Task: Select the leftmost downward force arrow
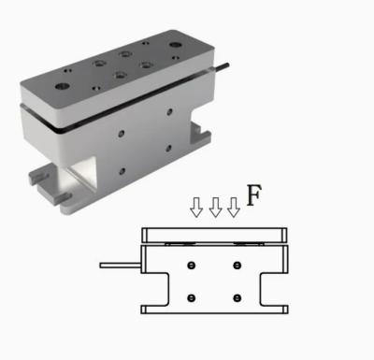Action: pos(196,207)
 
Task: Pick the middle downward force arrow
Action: pos(215,207)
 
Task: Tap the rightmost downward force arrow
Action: pos(234,207)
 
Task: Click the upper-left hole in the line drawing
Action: pos(191,266)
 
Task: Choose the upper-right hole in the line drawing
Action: pos(237,266)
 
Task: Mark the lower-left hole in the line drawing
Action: pos(191,298)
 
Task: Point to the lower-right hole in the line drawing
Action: pos(237,298)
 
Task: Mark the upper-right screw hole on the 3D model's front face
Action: pos(169,113)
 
